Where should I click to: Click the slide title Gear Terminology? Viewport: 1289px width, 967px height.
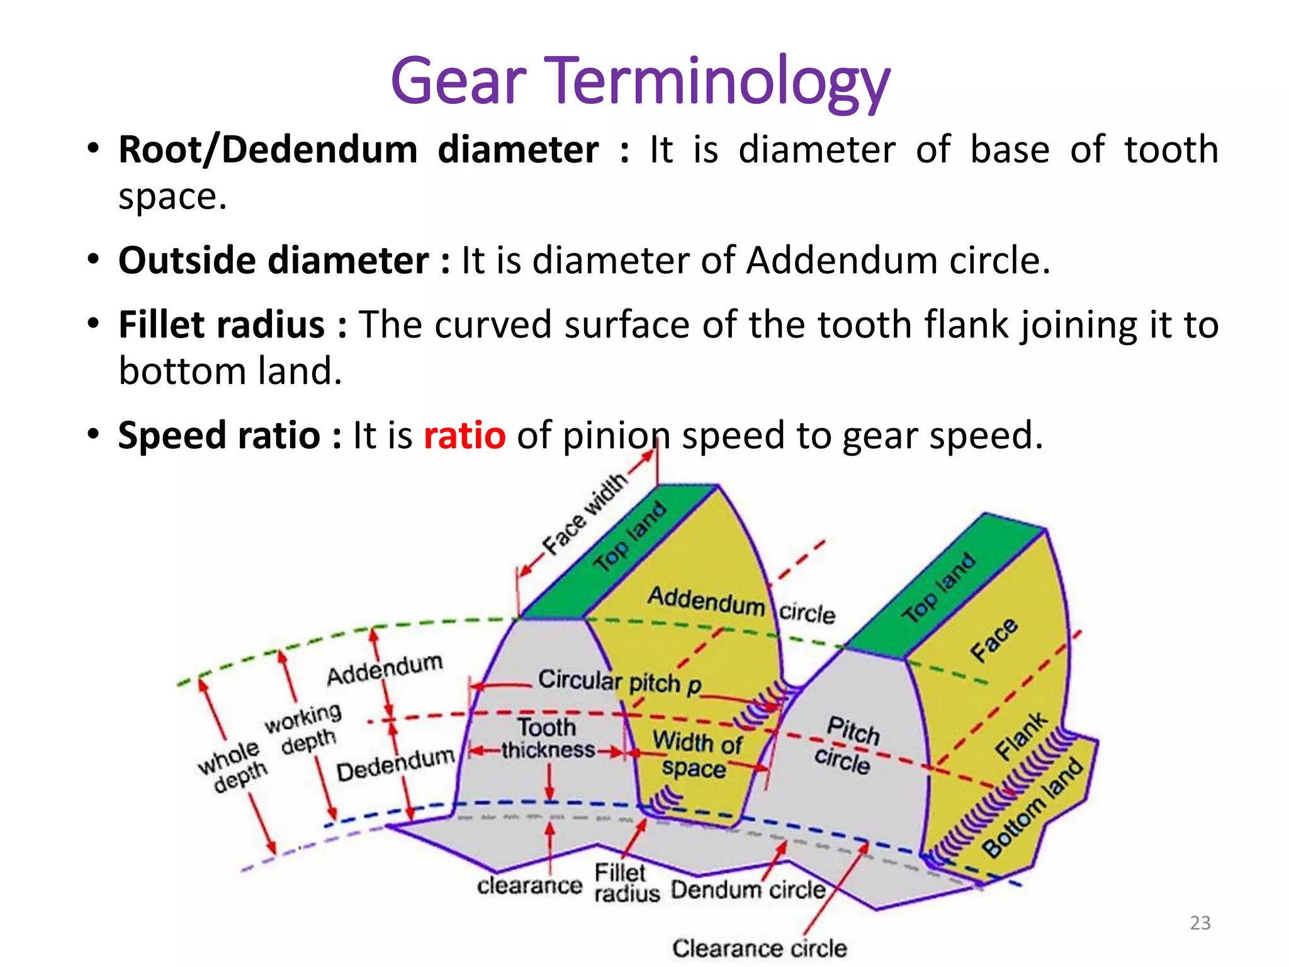640,82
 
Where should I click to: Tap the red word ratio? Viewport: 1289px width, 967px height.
464,436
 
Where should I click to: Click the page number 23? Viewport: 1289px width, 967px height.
1200,923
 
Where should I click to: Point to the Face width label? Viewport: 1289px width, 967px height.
585,514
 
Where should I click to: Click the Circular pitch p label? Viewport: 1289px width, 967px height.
619,682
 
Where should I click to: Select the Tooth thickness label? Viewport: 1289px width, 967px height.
548,738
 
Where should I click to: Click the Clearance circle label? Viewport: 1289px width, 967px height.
759,948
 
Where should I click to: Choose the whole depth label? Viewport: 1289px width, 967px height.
232,766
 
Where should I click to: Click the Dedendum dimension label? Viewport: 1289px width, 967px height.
395,764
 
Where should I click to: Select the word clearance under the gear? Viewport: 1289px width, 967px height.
529,886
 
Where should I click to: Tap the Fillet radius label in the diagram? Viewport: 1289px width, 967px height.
626,883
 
